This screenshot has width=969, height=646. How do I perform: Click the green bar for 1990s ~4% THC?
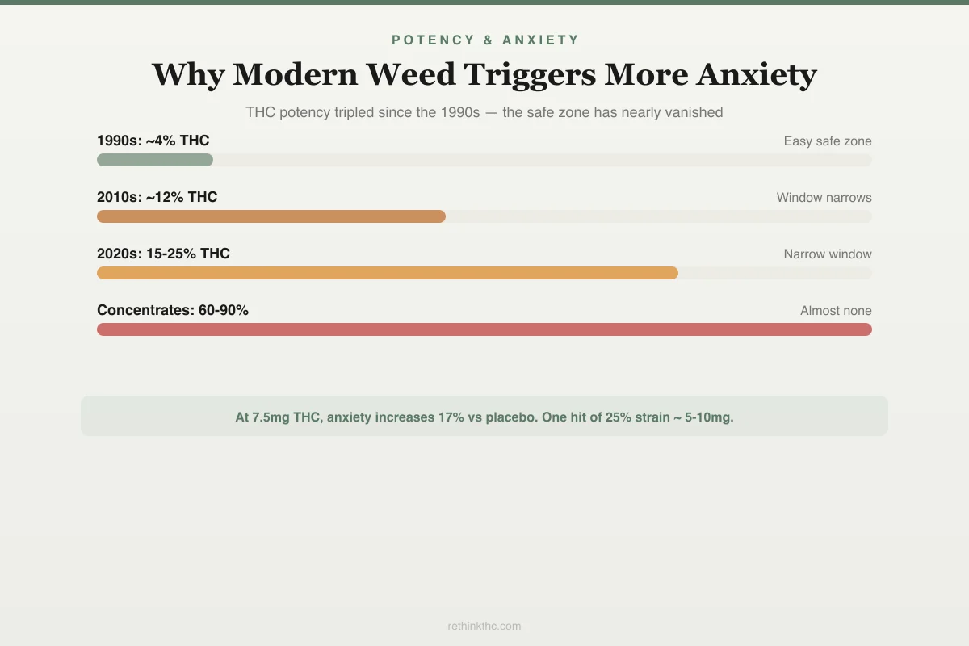[x=155, y=160]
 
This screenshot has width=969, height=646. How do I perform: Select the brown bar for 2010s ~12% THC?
[x=271, y=216]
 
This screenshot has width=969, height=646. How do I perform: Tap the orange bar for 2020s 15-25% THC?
[x=388, y=273]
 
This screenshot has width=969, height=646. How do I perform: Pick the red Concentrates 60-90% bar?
[x=484, y=329]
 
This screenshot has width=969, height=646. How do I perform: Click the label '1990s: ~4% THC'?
[x=153, y=141]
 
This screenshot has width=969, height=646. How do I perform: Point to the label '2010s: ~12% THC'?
[x=157, y=198]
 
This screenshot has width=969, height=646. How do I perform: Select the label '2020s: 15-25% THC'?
[x=163, y=254]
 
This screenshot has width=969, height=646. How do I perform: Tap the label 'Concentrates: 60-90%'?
[x=173, y=311]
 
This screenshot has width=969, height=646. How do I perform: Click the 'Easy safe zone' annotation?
[x=828, y=142]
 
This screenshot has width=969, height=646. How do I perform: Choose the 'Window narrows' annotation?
[x=824, y=199]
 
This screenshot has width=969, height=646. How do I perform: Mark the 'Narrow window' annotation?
[x=828, y=255]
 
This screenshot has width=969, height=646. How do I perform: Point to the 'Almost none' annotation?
[x=836, y=312]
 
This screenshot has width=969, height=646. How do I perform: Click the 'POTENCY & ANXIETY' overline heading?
[x=485, y=40]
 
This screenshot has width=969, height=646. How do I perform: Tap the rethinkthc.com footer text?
[x=484, y=626]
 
